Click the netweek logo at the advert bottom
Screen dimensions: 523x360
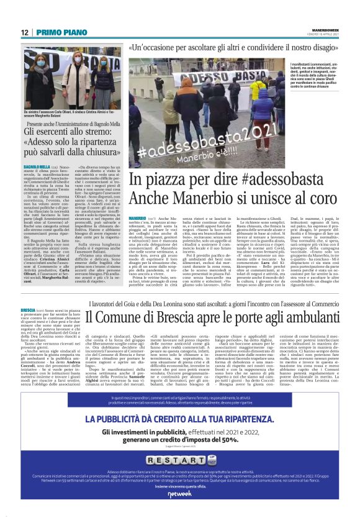(180, 511)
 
